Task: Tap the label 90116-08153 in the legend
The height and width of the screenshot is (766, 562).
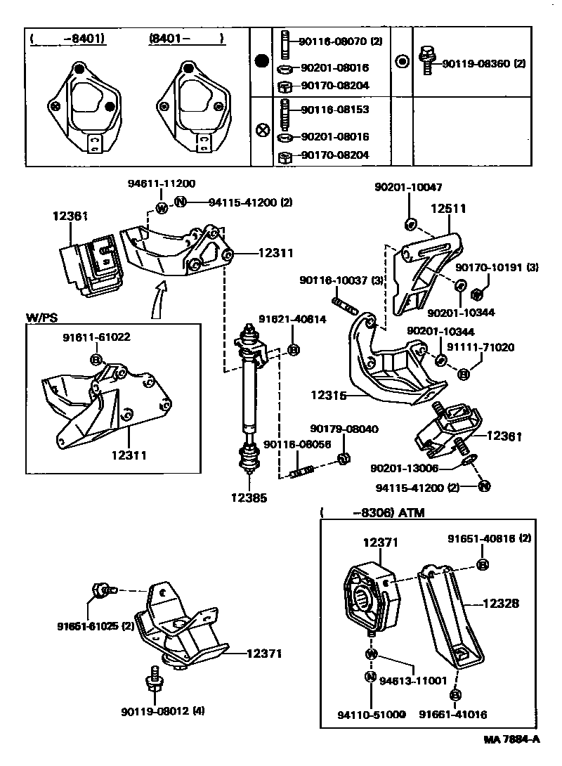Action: [x=335, y=110]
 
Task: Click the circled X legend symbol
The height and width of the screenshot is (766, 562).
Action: [x=262, y=130]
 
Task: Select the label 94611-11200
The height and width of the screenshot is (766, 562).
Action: [x=161, y=183]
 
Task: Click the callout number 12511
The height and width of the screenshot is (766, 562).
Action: [x=448, y=209]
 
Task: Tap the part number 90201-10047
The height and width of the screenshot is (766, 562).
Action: [x=409, y=188]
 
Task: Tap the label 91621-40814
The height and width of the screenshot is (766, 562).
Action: [x=291, y=318]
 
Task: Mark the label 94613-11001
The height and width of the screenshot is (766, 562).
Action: [x=413, y=680]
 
